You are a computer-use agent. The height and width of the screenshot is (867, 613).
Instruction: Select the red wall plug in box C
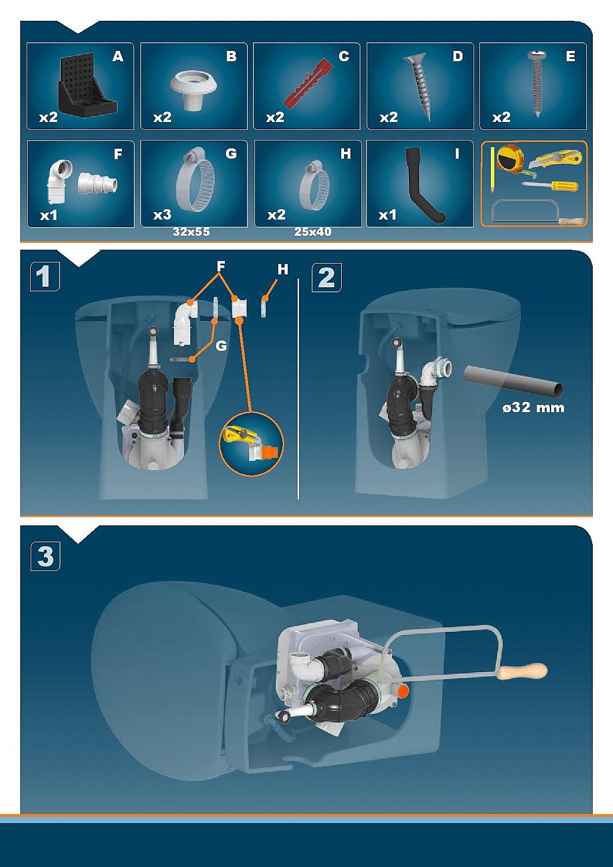pyautogui.click(x=308, y=84)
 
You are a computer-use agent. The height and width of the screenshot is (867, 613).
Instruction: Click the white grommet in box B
pyautogui.click(x=193, y=90)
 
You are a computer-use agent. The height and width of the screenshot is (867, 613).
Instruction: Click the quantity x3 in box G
pyautogui.click(x=162, y=214)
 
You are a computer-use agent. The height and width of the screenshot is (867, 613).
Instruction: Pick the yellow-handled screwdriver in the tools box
pyautogui.click(x=550, y=186)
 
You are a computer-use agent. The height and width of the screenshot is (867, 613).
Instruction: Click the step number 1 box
pyautogui.click(x=45, y=276)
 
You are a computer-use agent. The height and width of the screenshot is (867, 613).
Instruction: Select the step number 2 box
pyautogui.click(x=327, y=277)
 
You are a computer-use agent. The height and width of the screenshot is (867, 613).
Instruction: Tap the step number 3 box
pyautogui.click(x=45, y=556)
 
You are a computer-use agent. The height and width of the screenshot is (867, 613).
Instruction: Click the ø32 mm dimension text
pyautogui.click(x=533, y=407)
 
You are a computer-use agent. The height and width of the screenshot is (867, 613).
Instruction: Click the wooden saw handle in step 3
pyautogui.click(x=522, y=672)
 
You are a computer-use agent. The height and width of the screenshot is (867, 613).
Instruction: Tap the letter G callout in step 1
pyautogui.click(x=221, y=346)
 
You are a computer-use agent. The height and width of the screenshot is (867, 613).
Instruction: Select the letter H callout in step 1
pyautogui.click(x=283, y=269)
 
